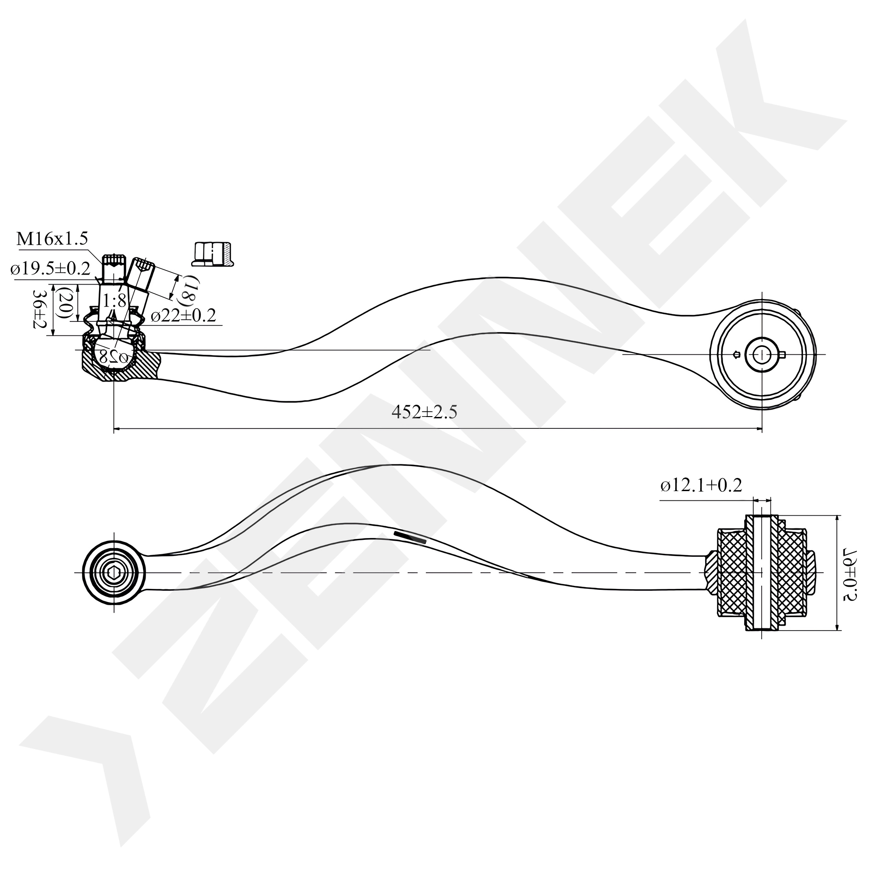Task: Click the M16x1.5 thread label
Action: (52, 239)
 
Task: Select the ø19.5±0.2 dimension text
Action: (50, 269)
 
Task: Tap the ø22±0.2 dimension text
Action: (183, 315)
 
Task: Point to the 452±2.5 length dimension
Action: (424, 412)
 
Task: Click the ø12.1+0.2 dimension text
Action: (701, 486)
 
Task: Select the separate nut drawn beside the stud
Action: (212, 254)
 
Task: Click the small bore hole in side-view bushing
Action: (763, 354)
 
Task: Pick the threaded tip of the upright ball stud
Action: (114, 260)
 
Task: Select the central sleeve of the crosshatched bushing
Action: (762, 573)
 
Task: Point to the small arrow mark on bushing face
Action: (736, 354)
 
